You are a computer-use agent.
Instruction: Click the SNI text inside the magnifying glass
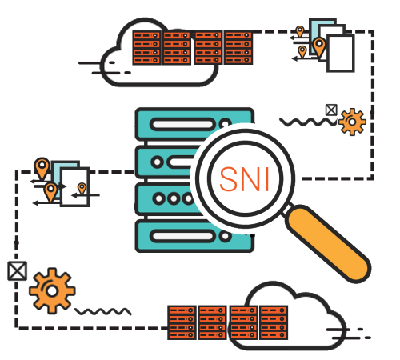pyautogui.click(x=244, y=179)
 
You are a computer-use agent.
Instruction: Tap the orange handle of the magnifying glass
pyautogui.click(x=328, y=244)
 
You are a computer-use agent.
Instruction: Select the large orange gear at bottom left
pyautogui.click(x=52, y=290)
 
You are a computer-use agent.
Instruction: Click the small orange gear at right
pyautogui.click(x=352, y=122)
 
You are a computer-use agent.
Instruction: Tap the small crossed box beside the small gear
pyautogui.click(x=331, y=110)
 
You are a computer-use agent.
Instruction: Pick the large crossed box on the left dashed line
pyautogui.click(x=17, y=271)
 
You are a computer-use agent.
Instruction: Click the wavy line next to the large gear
pyautogui.click(x=103, y=311)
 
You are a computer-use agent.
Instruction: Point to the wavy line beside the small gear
pyautogui.click(x=308, y=122)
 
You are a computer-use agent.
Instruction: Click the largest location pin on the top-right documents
pyautogui.click(x=319, y=47)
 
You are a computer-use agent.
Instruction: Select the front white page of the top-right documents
pyautogui.click(x=341, y=54)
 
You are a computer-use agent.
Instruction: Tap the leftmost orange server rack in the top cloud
pyautogui.click(x=147, y=48)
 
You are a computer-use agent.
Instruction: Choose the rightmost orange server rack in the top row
pyautogui.click(x=238, y=48)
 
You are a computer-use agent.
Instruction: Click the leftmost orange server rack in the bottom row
pyautogui.click(x=182, y=322)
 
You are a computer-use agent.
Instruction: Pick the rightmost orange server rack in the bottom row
pyautogui.click(x=274, y=322)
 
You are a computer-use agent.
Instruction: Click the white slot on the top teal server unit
pyautogui.click(x=182, y=124)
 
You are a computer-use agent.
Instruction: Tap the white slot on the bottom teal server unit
pyautogui.click(x=182, y=236)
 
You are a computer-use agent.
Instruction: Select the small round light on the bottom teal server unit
pyautogui.click(x=225, y=236)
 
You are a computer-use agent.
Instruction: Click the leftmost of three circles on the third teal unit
pyautogui.click(x=159, y=198)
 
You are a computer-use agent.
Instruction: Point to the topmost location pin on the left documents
pyautogui.click(x=42, y=168)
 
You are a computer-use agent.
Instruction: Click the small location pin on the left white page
pyautogui.click(x=82, y=189)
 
